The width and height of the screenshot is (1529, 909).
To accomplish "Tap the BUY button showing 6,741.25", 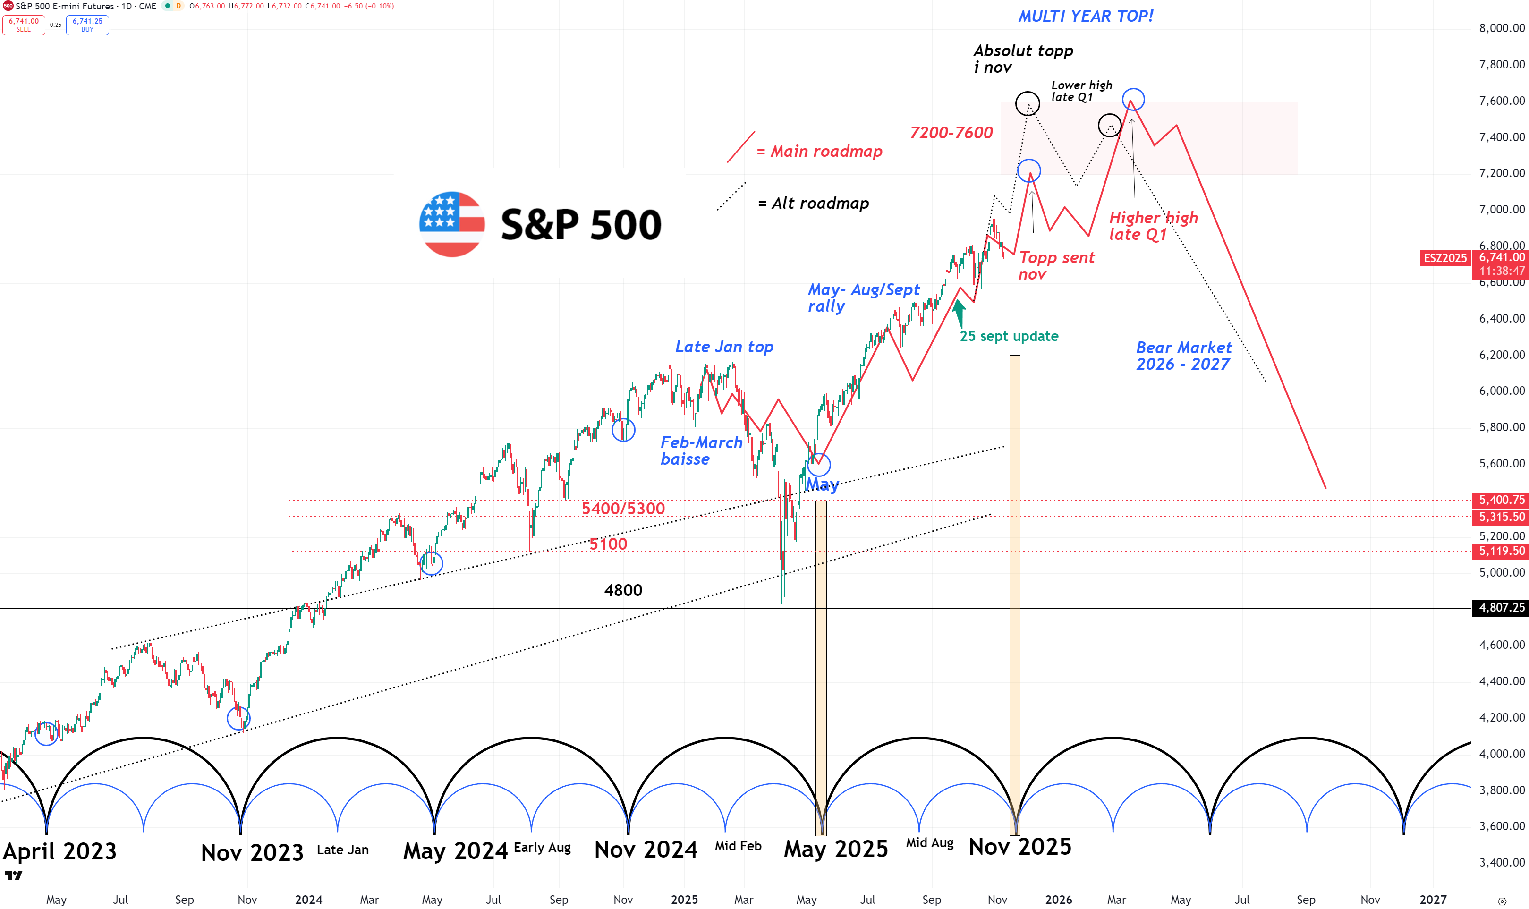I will click(87, 25).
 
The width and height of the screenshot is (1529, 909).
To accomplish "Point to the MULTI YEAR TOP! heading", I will click(1085, 17).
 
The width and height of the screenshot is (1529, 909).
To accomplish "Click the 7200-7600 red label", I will click(951, 133).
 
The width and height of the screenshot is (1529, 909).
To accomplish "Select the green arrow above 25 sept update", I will click(959, 313).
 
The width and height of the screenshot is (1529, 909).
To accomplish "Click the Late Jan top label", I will click(724, 347).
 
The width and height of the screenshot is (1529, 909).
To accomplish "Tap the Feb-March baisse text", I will click(701, 451).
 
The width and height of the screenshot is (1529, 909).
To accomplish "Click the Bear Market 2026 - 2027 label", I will click(1184, 356).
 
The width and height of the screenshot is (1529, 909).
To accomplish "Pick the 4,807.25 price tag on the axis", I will click(1502, 608).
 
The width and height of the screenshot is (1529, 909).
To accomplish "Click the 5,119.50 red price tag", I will click(1502, 551).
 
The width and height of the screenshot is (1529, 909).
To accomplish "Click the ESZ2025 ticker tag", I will click(1444, 258).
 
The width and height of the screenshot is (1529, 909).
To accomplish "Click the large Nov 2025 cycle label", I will click(1020, 847).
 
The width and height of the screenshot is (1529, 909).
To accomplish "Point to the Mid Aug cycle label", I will click(929, 843).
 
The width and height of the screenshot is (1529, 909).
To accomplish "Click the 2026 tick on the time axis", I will click(1058, 899).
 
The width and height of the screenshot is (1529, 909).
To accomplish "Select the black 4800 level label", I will click(623, 590).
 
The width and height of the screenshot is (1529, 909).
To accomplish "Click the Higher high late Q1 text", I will click(1153, 226).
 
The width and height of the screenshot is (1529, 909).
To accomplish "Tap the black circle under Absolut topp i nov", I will click(1027, 103).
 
